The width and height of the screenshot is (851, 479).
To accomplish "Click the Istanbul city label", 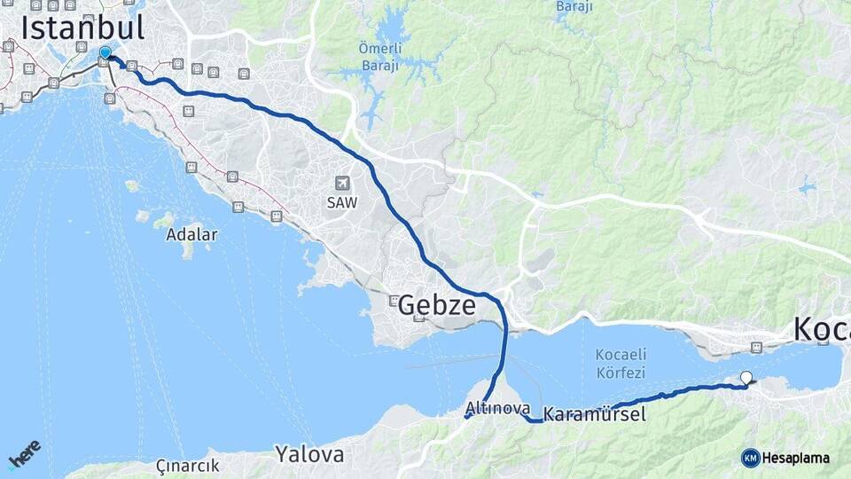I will point(82,27).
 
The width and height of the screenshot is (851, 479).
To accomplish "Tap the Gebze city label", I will point(436,305).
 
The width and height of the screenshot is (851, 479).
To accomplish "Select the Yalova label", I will point(308,455).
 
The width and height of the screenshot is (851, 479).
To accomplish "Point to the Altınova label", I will point(498,409).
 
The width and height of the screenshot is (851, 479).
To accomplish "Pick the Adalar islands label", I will point(191,235).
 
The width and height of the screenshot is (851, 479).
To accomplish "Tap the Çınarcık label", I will point(187,466).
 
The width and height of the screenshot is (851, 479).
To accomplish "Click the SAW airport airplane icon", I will point(341,183).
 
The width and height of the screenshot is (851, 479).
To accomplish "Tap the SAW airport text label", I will point(341,202).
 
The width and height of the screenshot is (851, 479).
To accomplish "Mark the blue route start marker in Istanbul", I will point(105,53).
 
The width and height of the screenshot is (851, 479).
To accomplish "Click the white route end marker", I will point(746,377).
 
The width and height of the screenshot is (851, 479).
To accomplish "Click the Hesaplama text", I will point(797,458).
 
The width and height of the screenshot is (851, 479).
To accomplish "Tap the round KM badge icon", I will point(750,458).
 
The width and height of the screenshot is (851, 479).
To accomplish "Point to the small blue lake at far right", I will point(807,187).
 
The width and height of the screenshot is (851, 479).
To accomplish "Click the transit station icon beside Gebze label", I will point(394,301).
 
